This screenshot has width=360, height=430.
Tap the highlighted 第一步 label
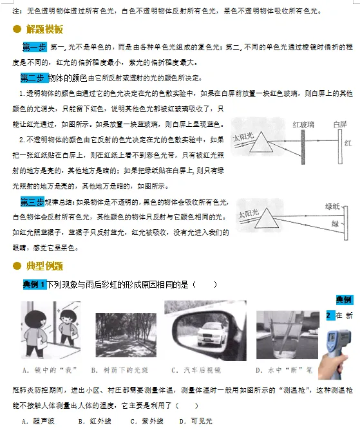click(x=33, y=47)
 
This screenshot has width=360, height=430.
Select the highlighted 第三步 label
click(x=32, y=201)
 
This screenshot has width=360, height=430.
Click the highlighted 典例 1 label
click(x=33, y=284)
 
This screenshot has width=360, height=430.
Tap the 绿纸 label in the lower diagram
click(x=332, y=206)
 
